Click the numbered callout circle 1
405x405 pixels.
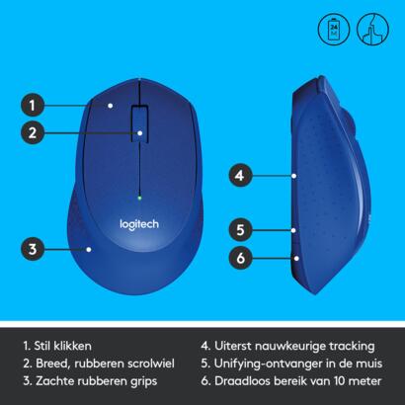coord(33,106)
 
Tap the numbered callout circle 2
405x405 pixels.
coord(33,133)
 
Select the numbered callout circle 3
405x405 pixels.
coord(33,249)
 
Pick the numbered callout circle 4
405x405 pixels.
coord(240,176)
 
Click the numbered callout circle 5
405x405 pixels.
coord(240,230)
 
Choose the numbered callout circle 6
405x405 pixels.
coord(240,258)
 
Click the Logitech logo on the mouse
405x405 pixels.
coord(139,224)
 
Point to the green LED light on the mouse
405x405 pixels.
coord(139,198)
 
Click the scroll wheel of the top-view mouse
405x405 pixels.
coord(139,124)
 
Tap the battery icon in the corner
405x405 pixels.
coord(334,29)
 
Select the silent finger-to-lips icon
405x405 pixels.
coord(372,29)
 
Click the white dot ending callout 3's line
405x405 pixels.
coord(89,250)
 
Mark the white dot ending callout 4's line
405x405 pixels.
coord(293,176)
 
